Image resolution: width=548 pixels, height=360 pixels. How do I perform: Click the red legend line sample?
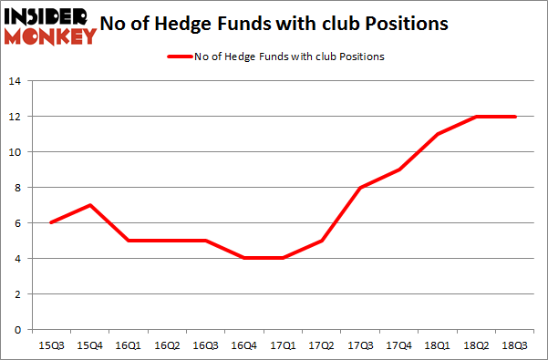[178, 57]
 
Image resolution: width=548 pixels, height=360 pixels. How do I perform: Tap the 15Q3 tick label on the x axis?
[51, 345]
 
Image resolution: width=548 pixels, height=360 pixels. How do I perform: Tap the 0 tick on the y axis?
[18, 330]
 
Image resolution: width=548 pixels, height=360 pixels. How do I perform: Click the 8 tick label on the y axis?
[18, 188]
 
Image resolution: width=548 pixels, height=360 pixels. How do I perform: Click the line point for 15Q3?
[51, 223]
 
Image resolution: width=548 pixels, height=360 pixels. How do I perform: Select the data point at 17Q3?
[362, 188]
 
